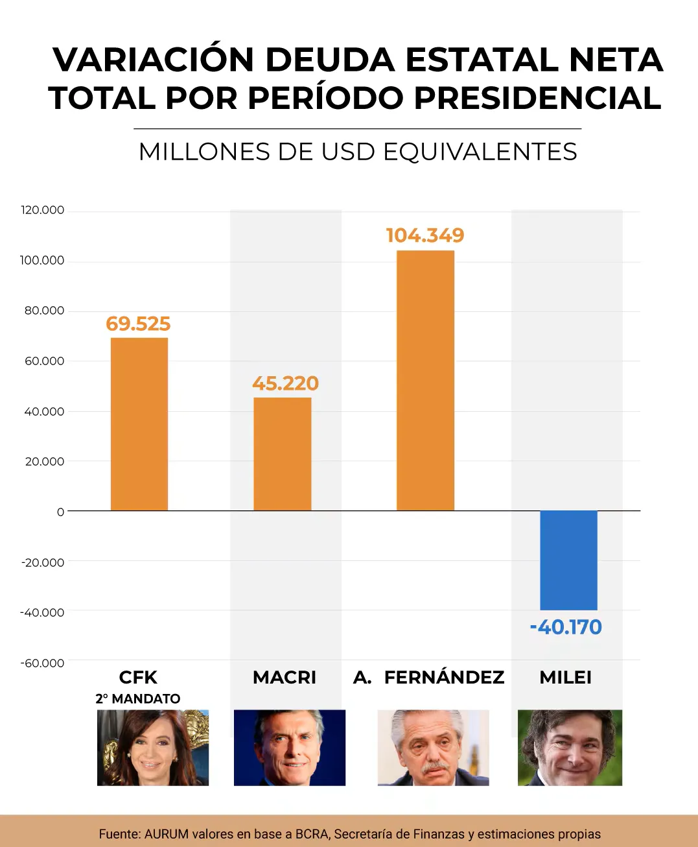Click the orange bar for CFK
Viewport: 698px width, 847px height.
139,424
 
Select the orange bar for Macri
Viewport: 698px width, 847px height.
283,454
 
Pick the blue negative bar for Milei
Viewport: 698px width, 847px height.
568,560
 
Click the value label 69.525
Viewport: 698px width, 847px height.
138,324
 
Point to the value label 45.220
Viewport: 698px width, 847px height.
285,383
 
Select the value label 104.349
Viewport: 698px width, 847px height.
425,235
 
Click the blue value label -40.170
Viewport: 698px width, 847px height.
566,627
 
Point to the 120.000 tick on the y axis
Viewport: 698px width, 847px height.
43,210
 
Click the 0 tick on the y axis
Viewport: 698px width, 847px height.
60,512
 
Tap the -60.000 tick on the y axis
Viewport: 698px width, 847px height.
43,663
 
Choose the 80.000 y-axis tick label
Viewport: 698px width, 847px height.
44,311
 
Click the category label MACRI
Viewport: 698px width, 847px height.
285,678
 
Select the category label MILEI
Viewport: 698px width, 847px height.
565,678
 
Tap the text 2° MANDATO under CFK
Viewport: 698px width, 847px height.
138,698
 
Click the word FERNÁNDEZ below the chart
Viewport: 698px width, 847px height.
444,678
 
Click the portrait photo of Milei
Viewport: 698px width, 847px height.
570,748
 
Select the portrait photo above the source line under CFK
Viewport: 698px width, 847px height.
153,748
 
